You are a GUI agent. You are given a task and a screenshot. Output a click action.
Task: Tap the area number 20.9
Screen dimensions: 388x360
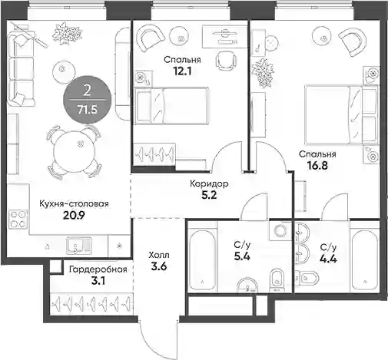(x=74, y=216)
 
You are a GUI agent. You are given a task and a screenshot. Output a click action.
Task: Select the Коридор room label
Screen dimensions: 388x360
(x=209, y=183)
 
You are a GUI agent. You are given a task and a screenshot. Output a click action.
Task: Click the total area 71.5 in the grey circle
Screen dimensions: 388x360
(x=88, y=110)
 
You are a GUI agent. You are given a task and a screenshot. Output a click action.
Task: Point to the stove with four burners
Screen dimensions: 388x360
(x=18, y=220)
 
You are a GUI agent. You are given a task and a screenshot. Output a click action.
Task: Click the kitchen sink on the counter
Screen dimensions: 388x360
(x=79, y=246)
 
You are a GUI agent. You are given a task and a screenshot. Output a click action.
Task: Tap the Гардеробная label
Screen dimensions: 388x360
(x=98, y=269)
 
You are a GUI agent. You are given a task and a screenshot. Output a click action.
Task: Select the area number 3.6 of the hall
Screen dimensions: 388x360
(x=159, y=266)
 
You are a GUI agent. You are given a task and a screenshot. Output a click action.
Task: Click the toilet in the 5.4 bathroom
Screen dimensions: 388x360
(x=277, y=280)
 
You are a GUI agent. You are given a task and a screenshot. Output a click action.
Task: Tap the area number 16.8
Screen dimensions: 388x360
(x=317, y=166)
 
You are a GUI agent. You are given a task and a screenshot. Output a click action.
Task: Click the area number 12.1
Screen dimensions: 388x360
(x=182, y=71)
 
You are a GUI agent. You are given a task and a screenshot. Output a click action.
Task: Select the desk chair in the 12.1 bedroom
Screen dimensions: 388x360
(x=226, y=61)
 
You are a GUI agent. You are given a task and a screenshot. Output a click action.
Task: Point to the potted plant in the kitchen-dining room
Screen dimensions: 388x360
(x=68, y=34)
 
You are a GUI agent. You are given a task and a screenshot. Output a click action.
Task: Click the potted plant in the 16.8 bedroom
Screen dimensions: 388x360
(x=264, y=73)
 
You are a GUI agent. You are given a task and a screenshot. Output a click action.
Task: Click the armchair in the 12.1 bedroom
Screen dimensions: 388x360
(x=151, y=37)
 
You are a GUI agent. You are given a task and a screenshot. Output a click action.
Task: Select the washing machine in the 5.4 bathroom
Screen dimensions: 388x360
(x=280, y=230)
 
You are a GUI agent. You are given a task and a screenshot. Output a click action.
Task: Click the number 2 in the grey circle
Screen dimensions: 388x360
(x=87, y=91)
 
